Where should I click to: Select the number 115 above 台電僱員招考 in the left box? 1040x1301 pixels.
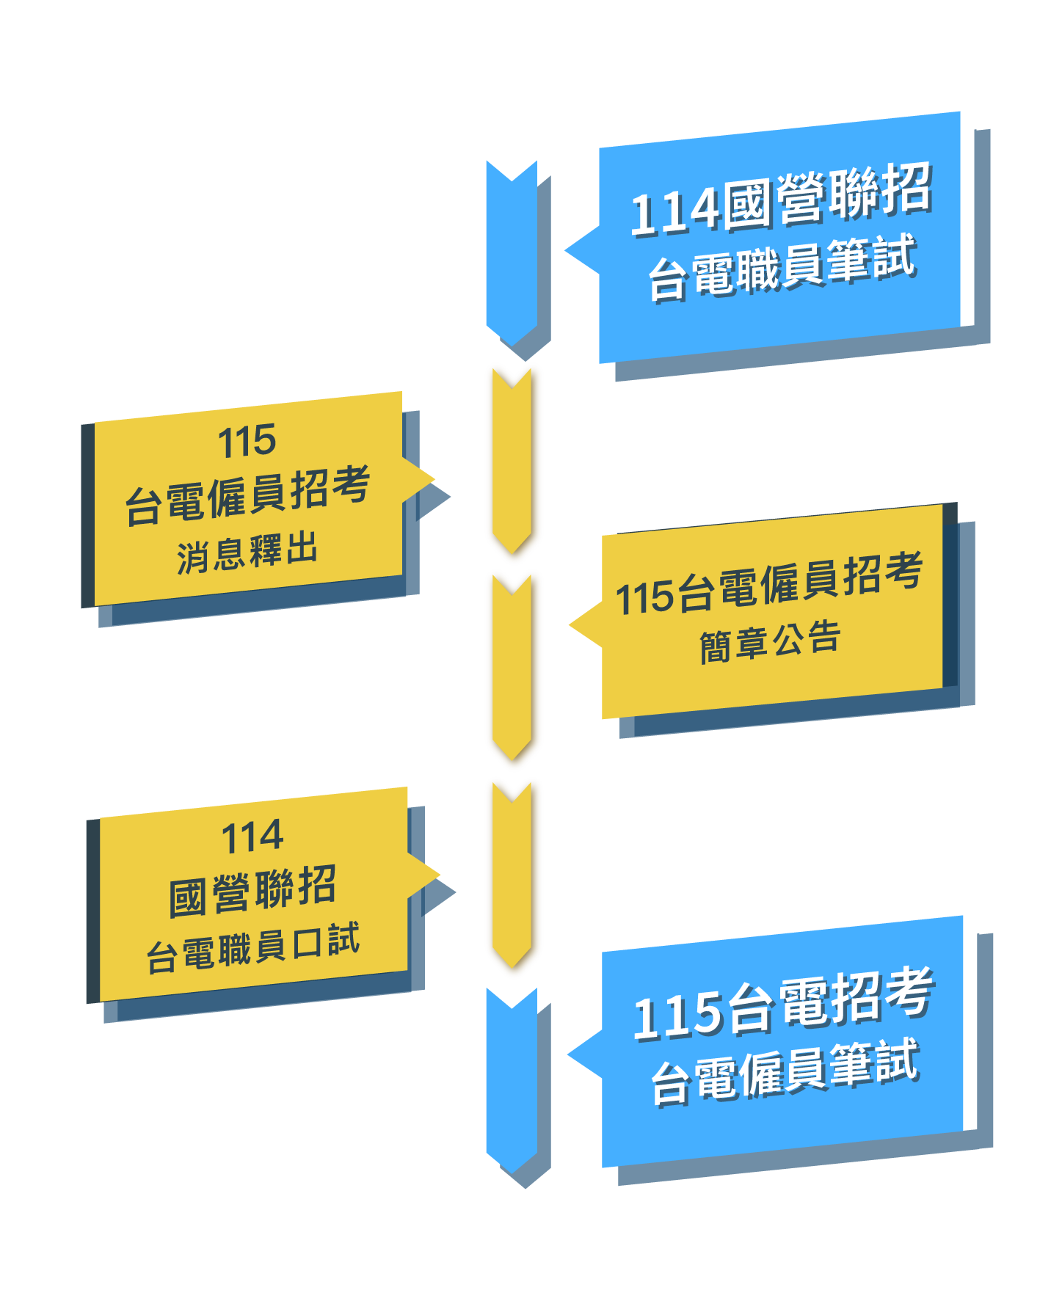(x=247, y=442)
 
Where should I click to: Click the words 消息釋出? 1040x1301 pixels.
(x=247, y=552)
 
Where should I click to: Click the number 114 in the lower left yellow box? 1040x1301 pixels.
(x=252, y=837)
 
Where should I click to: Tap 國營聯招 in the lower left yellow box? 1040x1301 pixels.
(x=252, y=890)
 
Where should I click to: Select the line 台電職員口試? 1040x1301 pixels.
(x=253, y=948)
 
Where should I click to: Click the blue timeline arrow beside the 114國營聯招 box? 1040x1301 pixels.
(x=511, y=249)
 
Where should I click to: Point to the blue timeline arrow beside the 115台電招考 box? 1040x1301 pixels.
(x=511, y=1079)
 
